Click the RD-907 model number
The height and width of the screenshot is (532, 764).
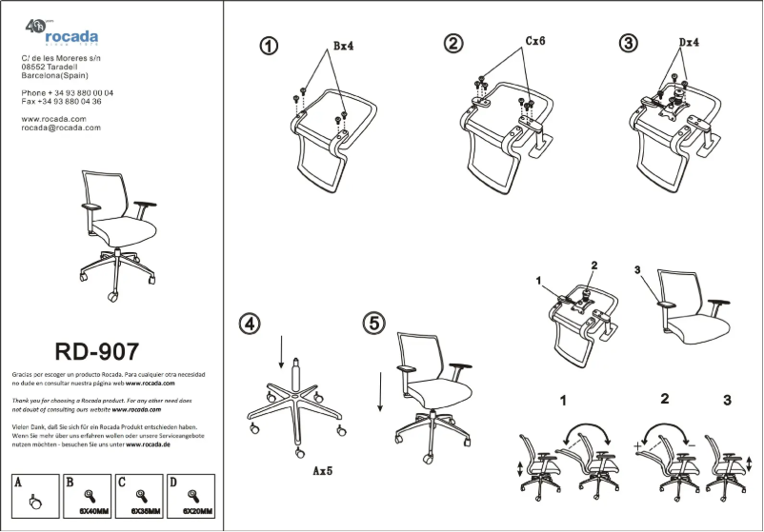tap(97, 353)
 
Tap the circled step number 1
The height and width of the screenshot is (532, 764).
tap(271, 46)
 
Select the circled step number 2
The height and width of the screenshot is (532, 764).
tap(453, 43)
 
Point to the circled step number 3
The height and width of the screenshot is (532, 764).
tap(629, 43)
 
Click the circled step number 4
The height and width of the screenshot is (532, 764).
tap(250, 324)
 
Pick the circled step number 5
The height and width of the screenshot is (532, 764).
tap(373, 324)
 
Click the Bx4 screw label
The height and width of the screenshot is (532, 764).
tap(344, 46)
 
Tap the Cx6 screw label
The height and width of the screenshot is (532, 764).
tap(535, 42)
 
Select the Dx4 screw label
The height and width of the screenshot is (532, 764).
tap(690, 43)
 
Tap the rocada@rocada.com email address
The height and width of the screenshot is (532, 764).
tap(61, 128)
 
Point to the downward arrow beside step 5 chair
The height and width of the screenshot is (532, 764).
tap(381, 390)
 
